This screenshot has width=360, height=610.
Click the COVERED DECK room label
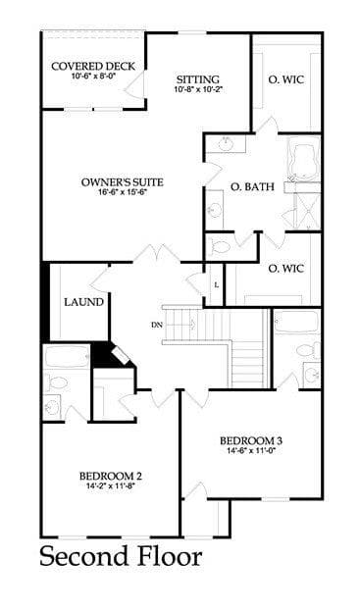pyautogui.click(x=93, y=66)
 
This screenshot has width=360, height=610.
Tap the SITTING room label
pyautogui.click(x=198, y=79)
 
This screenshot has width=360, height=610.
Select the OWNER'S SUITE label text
pyautogui.click(x=123, y=182)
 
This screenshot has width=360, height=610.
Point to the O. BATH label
pyautogui.click(x=252, y=186)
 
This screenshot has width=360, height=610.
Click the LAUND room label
pyautogui.click(x=83, y=302)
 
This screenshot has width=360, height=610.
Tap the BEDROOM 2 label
pyautogui.click(x=111, y=476)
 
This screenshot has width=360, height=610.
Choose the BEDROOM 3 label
pyautogui.click(x=251, y=440)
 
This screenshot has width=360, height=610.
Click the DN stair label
pyautogui.click(x=157, y=325)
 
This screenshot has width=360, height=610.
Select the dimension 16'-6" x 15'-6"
pyautogui.click(x=123, y=192)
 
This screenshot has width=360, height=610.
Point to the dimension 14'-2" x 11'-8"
pyautogui.click(x=111, y=485)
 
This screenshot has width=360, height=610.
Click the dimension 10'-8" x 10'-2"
pyautogui.click(x=198, y=89)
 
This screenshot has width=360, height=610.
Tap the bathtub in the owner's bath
pyautogui.click(x=303, y=161)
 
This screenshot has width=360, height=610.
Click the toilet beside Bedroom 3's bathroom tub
pyautogui.click(x=309, y=350)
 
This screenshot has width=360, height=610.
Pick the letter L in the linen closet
pyautogui.click(x=217, y=284)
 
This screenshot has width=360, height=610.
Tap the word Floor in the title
pyautogui.click(x=166, y=556)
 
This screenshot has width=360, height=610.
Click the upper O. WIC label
pyautogui.click(x=286, y=79)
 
